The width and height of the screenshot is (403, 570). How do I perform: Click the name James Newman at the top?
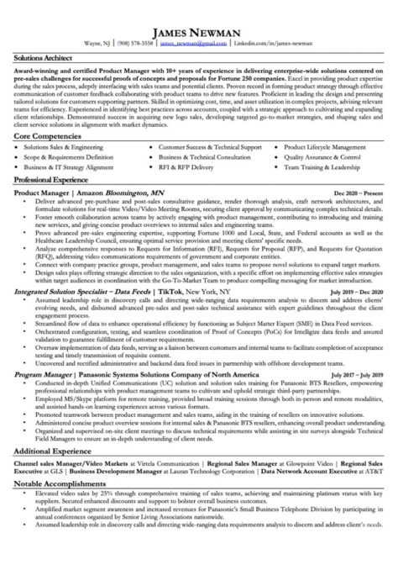pos(201,29)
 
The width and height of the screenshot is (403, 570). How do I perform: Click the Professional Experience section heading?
pos(53,181)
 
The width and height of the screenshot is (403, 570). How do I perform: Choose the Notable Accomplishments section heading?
pos(56,486)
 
